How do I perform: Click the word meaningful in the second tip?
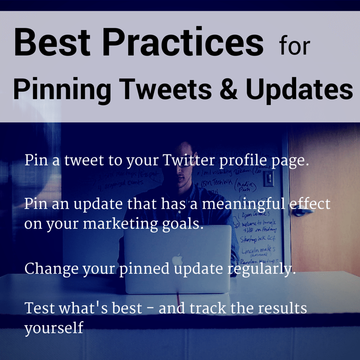(x=242, y=205)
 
